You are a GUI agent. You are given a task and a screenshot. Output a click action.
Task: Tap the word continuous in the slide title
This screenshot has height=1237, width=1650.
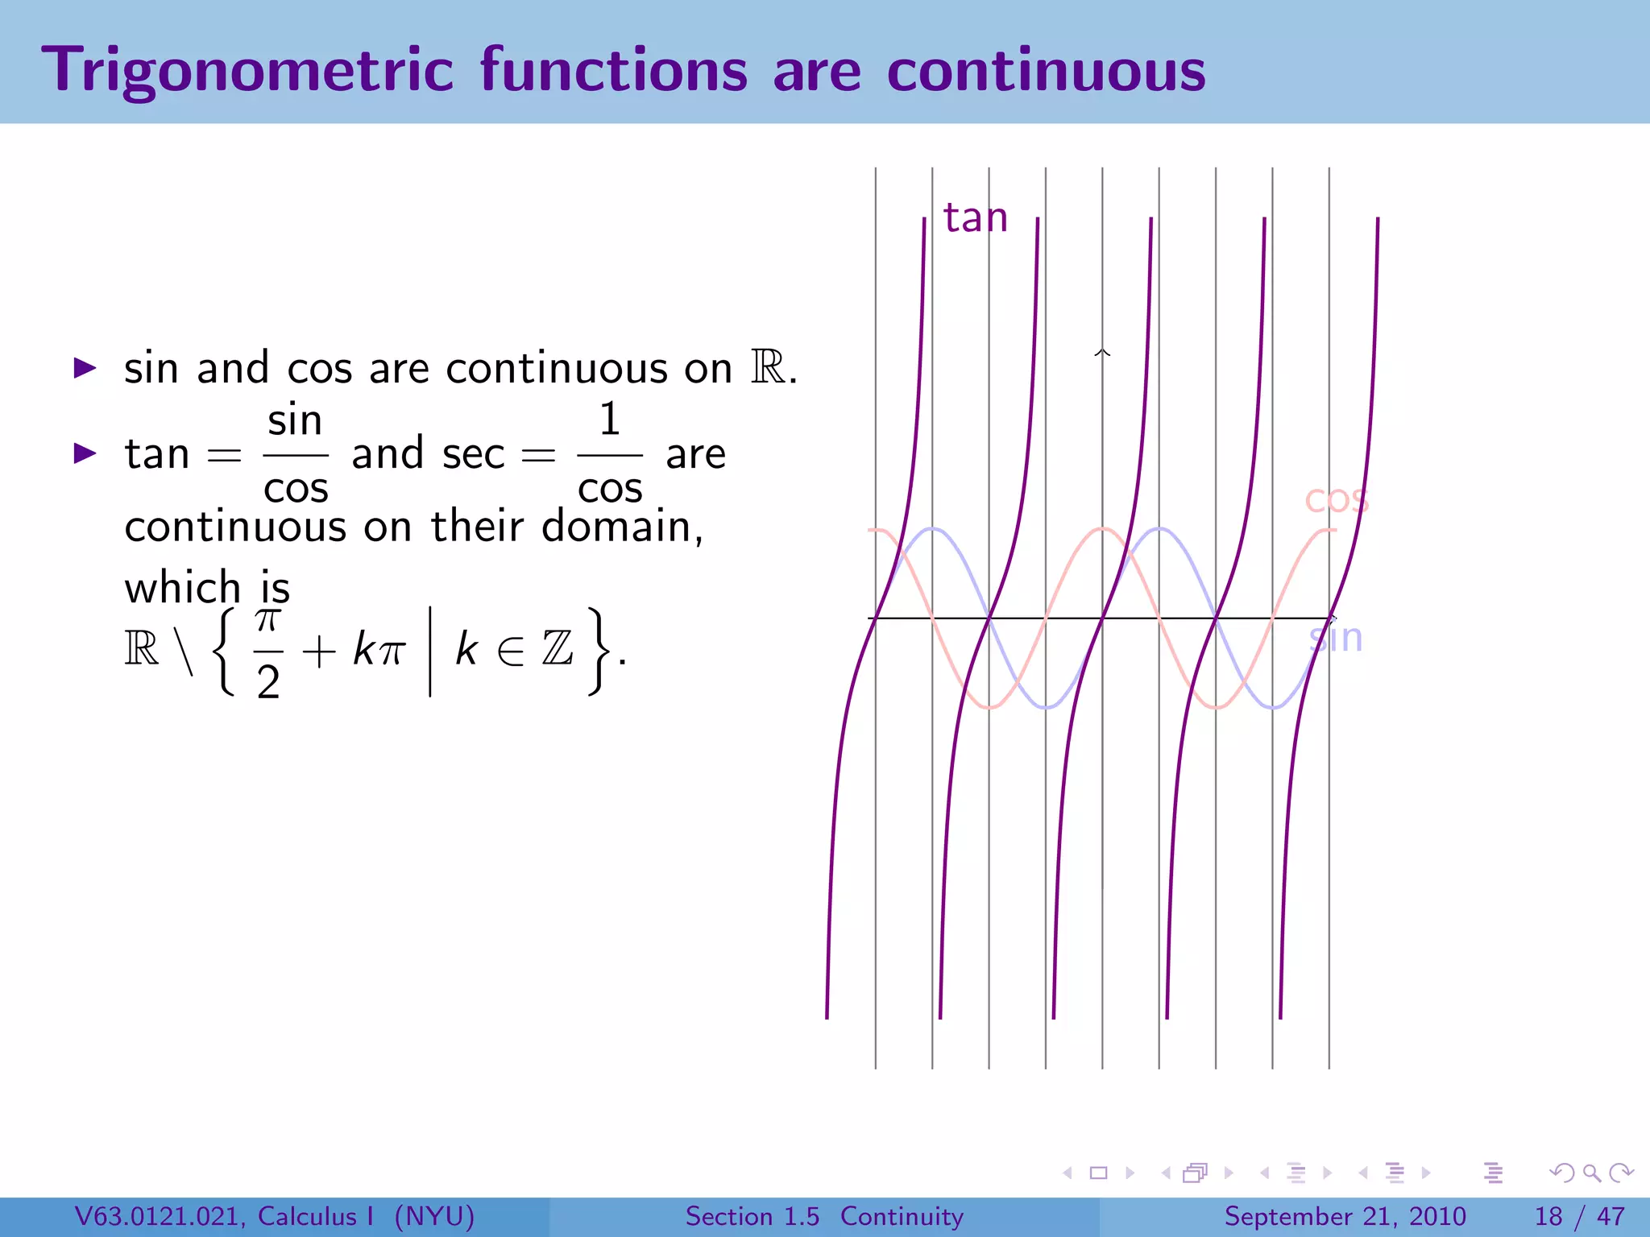coord(1046,71)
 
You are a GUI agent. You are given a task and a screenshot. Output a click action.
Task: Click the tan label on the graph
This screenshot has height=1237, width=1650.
coord(975,217)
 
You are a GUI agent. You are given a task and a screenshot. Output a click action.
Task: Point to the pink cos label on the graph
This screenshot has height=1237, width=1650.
coord(1336,499)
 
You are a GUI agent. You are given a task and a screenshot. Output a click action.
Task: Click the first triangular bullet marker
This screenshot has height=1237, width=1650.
coord(85,369)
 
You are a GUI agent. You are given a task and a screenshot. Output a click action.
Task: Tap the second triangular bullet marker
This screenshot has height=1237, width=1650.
coord(85,453)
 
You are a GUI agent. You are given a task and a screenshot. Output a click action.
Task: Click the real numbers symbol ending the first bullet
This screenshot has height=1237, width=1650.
coord(769,368)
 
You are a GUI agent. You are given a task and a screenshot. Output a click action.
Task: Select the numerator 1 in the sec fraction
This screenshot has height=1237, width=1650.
coord(610,420)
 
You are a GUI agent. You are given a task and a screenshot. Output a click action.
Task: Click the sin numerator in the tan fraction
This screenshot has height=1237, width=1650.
coord(295,420)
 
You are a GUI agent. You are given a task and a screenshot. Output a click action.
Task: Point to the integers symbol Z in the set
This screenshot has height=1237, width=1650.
coord(558,648)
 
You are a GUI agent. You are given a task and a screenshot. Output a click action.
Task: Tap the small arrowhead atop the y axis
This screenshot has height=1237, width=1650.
coord(1102,353)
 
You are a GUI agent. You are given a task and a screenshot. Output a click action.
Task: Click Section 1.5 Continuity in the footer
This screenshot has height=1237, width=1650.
coord(823,1216)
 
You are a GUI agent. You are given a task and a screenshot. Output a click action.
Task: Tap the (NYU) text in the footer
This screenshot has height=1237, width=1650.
coord(434,1216)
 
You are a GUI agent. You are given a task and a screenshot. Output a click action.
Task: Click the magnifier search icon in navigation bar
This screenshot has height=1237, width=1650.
coord(1591,1173)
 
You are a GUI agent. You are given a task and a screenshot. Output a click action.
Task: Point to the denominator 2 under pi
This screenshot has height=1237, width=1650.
coord(268,682)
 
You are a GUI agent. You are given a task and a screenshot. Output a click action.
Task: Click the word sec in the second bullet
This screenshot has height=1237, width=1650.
coord(474,454)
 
